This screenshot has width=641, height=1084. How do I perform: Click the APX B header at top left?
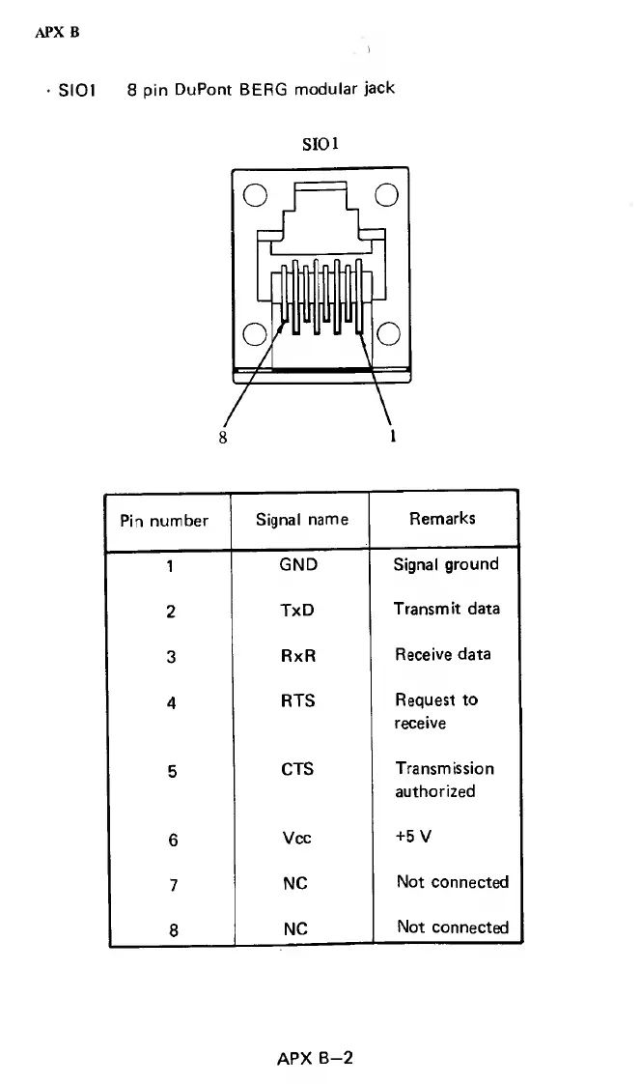[57, 32]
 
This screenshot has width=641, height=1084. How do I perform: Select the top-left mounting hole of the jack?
[254, 194]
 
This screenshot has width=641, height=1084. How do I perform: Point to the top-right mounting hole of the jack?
[386, 194]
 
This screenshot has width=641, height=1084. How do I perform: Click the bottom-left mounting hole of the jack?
[254, 334]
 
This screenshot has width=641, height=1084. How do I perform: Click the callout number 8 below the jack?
[224, 435]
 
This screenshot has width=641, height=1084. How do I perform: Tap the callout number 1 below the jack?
[394, 435]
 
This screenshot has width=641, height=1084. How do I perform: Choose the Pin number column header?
[164, 521]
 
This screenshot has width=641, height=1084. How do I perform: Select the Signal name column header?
[301, 520]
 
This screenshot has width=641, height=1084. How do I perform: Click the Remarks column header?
[442, 519]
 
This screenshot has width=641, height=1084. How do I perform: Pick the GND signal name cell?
[297, 565]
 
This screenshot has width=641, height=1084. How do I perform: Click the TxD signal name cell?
[297, 611]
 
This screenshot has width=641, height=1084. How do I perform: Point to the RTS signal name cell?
[297, 700]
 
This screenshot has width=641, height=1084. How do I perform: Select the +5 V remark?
[416, 837]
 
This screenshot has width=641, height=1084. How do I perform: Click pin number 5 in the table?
[171, 771]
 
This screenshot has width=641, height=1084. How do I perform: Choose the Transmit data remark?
[446, 609]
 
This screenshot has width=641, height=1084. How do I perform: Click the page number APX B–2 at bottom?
[315, 1058]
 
